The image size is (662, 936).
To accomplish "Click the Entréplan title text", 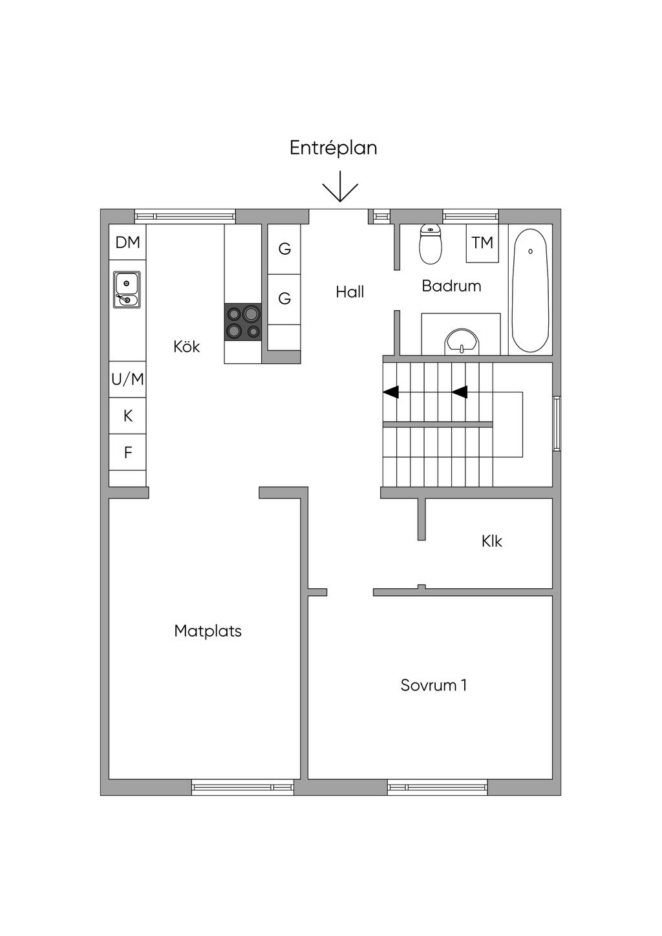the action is (333, 148).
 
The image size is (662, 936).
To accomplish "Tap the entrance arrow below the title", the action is (340, 186).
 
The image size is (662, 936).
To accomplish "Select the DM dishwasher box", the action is (127, 242).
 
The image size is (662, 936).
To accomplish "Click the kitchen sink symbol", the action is (127, 290).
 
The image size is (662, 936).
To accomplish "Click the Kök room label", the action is (186, 347).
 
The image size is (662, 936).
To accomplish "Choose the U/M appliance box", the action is (127, 379).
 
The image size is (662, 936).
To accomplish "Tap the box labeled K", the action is (127, 416).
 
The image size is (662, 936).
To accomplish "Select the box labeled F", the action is (127, 452).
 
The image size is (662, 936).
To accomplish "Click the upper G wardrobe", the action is (284, 249).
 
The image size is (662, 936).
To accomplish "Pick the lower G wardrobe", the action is (284, 299).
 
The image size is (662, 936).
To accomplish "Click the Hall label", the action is (350, 292).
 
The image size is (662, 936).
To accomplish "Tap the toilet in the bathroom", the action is (431, 244).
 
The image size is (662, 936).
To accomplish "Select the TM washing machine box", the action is (482, 243).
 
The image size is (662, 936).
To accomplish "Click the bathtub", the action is (530, 290).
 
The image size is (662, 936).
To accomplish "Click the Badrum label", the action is (451, 286).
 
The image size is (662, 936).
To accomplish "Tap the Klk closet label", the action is (491, 542).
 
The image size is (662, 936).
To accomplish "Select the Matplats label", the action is (208, 631).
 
